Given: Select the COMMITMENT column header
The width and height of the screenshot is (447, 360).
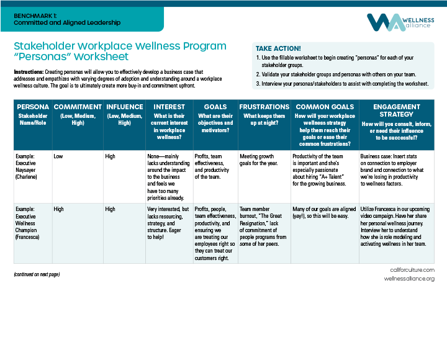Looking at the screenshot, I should coord(78,107).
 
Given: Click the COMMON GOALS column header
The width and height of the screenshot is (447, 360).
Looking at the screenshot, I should coord(325,107).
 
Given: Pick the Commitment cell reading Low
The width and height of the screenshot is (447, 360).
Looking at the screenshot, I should coord(58,156).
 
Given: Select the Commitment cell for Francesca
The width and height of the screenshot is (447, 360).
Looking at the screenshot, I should coord(60,209).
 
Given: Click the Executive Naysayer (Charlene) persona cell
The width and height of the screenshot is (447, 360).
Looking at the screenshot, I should coord(27,167).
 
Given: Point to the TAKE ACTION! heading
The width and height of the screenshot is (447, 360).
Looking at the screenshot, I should coord(278,48).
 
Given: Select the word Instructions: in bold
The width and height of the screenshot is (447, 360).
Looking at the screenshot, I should coord(28,72).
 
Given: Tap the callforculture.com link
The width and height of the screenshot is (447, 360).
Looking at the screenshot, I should coord(412,270).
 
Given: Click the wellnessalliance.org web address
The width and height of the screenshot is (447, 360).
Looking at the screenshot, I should coord(409,279).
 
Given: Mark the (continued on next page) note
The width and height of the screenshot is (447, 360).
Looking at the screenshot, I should coord(37,274).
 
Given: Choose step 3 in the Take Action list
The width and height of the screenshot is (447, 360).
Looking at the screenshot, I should coord(343,83).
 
